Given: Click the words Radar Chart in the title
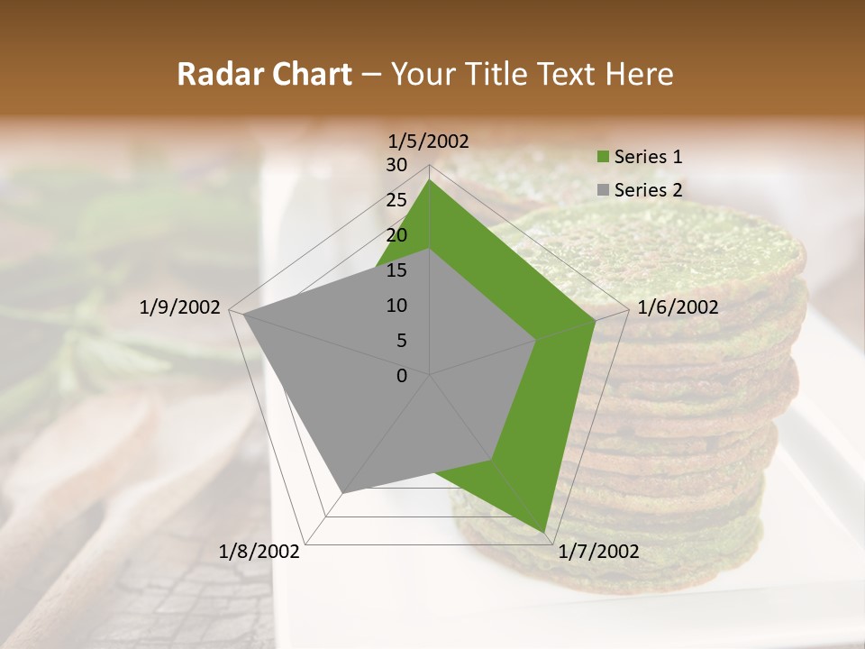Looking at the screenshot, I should pyautogui.click(x=264, y=74).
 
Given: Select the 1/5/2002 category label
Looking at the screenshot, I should pyautogui.click(x=429, y=141).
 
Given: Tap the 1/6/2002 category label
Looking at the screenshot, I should pyautogui.click(x=678, y=307).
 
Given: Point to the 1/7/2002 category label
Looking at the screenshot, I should pyautogui.click(x=598, y=552).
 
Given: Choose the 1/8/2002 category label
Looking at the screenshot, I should pyautogui.click(x=259, y=552).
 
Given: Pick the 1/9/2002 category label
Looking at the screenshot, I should pyautogui.click(x=179, y=307).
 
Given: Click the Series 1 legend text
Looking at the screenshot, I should pyautogui.click(x=648, y=157).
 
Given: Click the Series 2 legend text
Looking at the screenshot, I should pyautogui.click(x=648, y=190).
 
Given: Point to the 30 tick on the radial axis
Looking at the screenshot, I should pyautogui.click(x=396, y=165).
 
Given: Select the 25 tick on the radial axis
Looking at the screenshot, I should pyautogui.click(x=396, y=200).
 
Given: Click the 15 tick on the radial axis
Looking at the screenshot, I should pyautogui.click(x=396, y=270).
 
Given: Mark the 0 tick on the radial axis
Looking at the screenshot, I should pyautogui.click(x=402, y=376).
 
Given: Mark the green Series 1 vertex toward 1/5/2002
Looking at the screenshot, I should pyautogui.click(x=430, y=179).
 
